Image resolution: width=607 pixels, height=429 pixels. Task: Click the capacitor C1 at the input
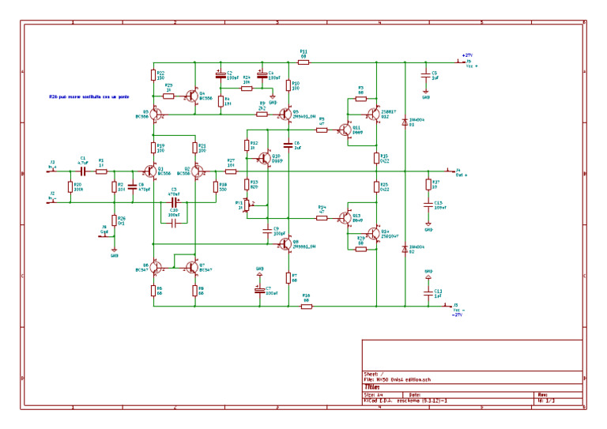(x=83, y=171)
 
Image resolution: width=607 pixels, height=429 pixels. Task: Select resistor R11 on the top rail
(x=303, y=62)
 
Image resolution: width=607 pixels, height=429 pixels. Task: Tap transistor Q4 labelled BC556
(x=192, y=96)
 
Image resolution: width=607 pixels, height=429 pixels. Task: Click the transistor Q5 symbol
(x=285, y=115)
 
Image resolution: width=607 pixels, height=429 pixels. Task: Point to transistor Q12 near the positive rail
(x=372, y=115)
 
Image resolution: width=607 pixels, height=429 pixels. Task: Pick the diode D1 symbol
(x=405, y=122)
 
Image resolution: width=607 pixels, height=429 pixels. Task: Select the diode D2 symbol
(x=405, y=249)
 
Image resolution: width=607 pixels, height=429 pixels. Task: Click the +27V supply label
(x=466, y=55)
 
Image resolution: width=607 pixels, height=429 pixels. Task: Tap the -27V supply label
(x=456, y=314)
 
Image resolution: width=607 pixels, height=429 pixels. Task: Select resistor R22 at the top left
(x=153, y=75)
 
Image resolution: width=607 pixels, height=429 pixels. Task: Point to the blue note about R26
(x=88, y=96)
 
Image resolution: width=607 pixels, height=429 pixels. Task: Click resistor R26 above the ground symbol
(x=114, y=220)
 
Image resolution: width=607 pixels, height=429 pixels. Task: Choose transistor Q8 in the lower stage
(x=285, y=244)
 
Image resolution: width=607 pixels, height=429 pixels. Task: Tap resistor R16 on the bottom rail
(x=306, y=306)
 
